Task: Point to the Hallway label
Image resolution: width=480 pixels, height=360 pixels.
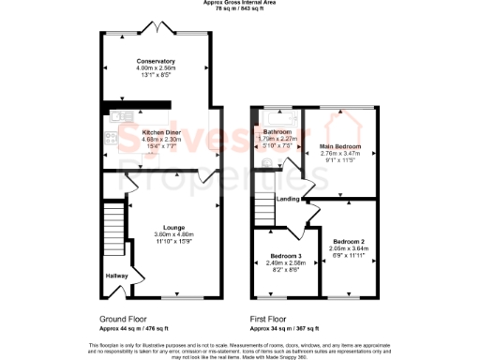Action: pos(114,276)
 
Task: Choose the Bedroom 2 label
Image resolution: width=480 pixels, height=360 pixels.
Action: pos(348,242)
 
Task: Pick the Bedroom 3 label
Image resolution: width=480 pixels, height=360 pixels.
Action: pos(286,256)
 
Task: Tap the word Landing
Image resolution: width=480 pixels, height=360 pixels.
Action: pos(289,199)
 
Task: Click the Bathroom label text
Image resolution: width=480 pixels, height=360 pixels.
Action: pos(277,132)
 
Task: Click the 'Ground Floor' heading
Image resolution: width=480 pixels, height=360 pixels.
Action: pos(123,319)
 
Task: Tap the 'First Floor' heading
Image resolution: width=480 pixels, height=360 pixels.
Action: pos(272,319)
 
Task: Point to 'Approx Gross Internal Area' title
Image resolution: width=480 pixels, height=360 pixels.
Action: pos(240,3)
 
